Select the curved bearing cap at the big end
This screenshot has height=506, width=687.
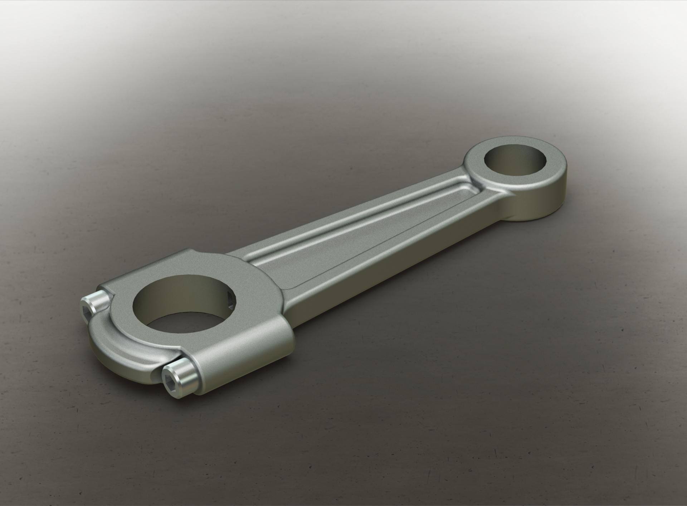[118, 340]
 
